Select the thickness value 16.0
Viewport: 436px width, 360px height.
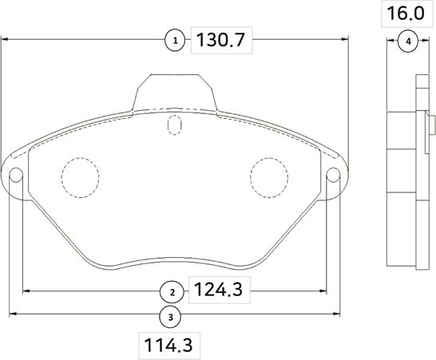[x=407, y=14]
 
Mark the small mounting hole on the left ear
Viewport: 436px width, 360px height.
[x=15, y=177]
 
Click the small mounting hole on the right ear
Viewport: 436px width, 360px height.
[x=335, y=177]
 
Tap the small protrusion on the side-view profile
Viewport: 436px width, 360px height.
[x=432, y=124]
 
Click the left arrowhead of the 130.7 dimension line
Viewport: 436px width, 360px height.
[x=5, y=39]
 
